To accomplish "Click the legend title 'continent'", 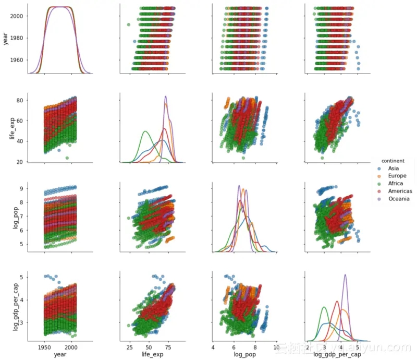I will coord(394,161).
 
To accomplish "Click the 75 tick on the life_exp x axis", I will coord(166,346).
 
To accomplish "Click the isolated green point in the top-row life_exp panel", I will coord(129,25).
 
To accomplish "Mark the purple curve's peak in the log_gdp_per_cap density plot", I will coord(345,275).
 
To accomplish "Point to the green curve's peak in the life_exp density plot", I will coord(145,131).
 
